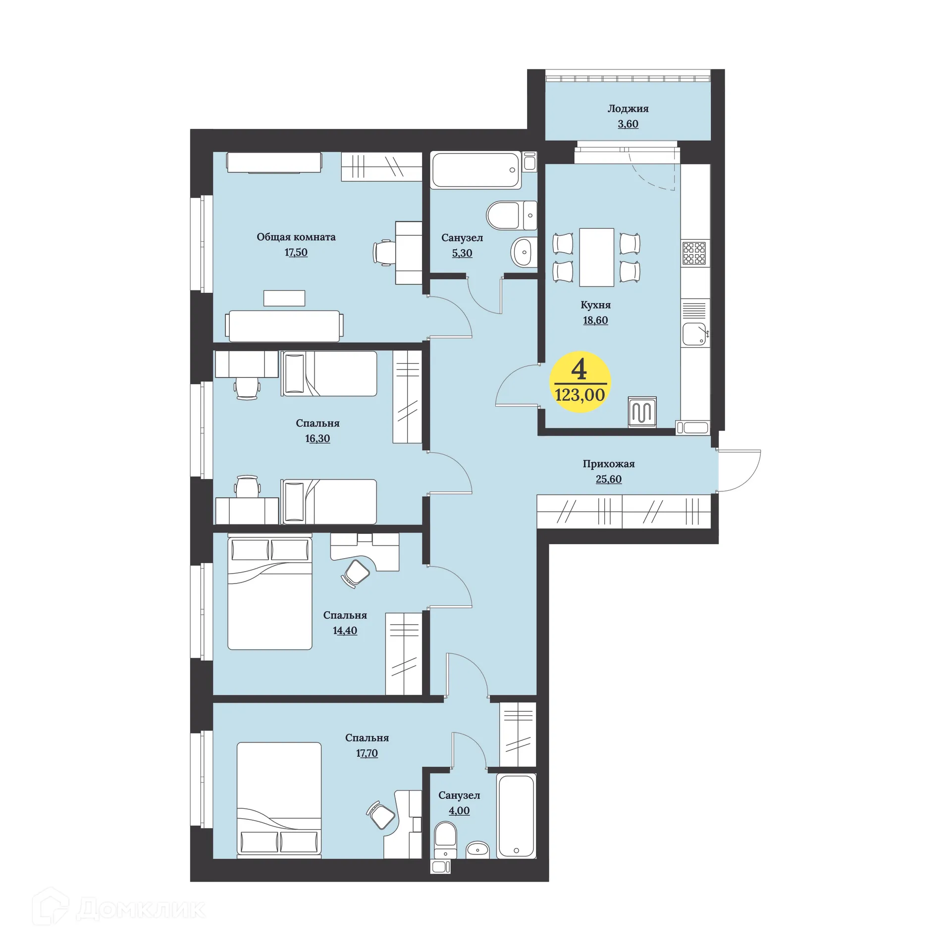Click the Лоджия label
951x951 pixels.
pyautogui.click(x=628, y=109)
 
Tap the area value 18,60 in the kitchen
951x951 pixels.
pyautogui.click(x=595, y=320)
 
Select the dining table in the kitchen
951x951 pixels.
pyautogui.click(x=596, y=257)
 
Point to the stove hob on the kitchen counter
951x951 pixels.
pyautogui.click(x=694, y=253)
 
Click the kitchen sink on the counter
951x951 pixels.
pyautogui.click(x=694, y=334)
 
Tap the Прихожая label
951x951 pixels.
pyautogui.click(x=608, y=464)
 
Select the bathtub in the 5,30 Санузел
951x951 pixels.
pyautogui.click(x=476, y=170)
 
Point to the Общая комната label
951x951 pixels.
pyautogui.click(x=296, y=237)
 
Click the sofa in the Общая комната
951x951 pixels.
pyautogui.click(x=284, y=326)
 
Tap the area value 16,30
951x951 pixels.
pyautogui.click(x=317, y=438)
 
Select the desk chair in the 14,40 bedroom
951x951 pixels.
pyautogui.click(x=356, y=573)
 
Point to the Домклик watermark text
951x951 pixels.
pyautogui.click(x=141, y=908)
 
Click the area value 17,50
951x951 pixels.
pyautogui.click(x=296, y=252)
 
